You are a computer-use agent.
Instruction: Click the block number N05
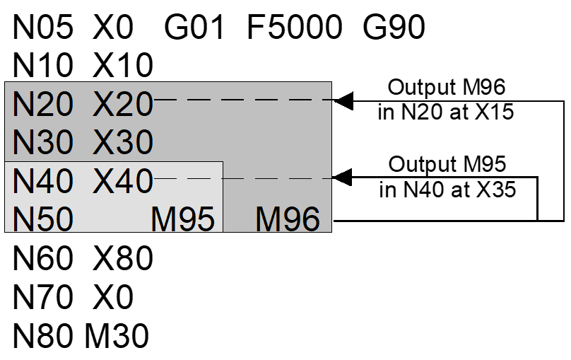tap(42, 28)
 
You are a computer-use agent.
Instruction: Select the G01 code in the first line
tap(194, 28)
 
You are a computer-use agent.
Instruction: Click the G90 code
tap(394, 28)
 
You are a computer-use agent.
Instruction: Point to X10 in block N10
tap(123, 66)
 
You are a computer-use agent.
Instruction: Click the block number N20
tap(42, 105)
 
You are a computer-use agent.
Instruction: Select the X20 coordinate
tap(123, 105)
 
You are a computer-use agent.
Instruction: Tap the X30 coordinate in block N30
tap(123, 143)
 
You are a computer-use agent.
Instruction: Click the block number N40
tap(42, 182)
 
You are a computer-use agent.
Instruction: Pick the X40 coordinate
tap(123, 182)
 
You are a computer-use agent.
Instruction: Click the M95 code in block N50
tap(183, 220)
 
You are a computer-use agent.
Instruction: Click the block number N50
tap(42, 220)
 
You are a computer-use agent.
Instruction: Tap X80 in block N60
tap(123, 260)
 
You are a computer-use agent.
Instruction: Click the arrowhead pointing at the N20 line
tap(343, 100)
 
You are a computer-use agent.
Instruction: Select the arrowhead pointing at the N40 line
tap(343, 177)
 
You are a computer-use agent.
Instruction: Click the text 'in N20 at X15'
tap(446, 112)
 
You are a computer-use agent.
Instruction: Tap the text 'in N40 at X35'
tap(446, 189)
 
